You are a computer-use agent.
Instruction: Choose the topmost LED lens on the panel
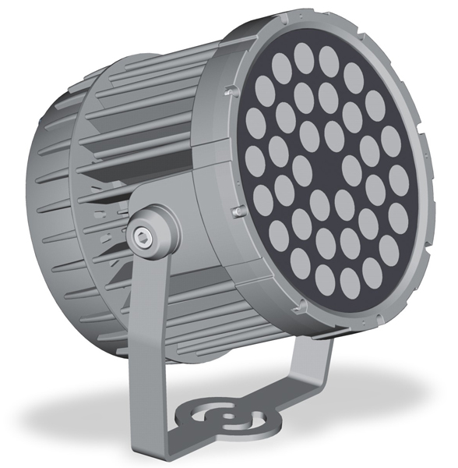305,53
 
